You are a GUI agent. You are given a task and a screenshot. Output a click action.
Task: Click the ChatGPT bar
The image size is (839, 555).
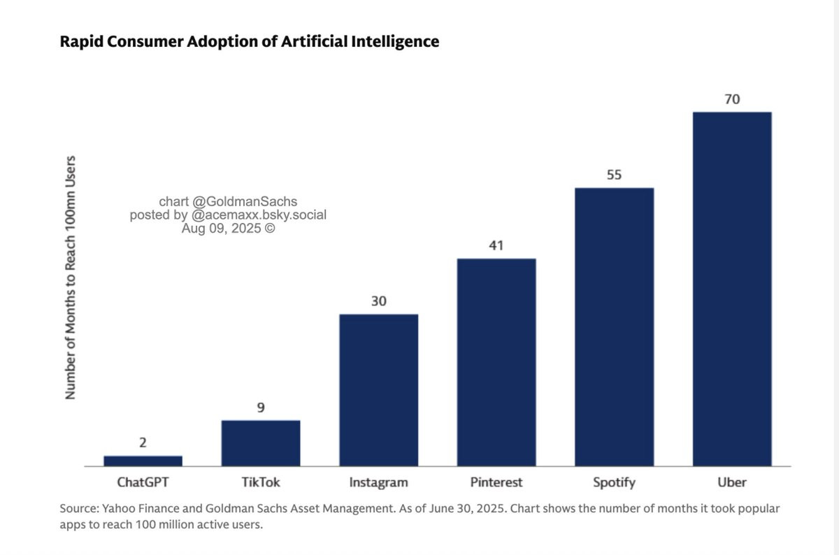click(143, 461)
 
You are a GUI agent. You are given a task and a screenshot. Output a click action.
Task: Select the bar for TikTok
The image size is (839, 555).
click(261, 443)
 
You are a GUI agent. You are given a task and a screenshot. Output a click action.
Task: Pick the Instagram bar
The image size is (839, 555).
click(379, 390)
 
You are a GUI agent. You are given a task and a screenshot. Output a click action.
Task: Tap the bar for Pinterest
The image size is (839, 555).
click(496, 363)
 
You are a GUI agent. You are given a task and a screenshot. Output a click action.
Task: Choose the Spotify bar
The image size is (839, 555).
click(615, 327)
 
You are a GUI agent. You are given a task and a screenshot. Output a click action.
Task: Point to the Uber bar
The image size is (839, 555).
click(732, 289)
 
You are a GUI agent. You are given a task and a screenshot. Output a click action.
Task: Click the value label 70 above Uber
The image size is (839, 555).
click(732, 99)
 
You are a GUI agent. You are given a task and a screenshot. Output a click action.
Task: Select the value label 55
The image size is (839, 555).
click(615, 175)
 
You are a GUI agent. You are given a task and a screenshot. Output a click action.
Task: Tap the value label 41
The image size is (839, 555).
click(496, 245)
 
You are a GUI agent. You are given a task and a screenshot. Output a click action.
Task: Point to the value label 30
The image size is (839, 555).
click(379, 301)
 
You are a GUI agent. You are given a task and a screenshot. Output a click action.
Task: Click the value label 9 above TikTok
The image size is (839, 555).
click(261, 408)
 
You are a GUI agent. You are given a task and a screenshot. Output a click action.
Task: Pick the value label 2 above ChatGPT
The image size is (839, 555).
click(143, 442)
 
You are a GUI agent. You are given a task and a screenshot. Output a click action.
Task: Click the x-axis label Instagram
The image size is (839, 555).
click(379, 483)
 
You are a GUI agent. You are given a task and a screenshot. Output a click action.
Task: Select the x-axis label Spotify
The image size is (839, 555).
click(615, 483)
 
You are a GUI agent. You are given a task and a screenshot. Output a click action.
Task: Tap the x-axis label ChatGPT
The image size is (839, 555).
click(143, 482)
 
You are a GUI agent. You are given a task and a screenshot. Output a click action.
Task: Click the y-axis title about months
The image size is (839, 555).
click(71, 277)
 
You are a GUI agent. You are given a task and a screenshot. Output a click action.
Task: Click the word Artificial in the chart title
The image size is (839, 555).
click(314, 41)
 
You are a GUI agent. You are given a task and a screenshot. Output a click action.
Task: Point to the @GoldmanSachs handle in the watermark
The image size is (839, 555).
click(245, 201)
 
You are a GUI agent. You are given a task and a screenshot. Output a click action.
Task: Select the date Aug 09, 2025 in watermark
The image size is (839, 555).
click(221, 229)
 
